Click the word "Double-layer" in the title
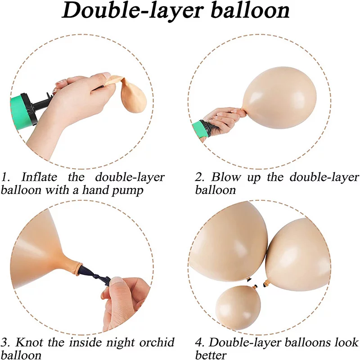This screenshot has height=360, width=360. click(x=133, y=10)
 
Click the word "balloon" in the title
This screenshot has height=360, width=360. click(x=250, y=10)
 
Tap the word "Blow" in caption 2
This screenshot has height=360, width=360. click(x=226, y=177)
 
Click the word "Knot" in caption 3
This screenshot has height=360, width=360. click(x=29, y=342)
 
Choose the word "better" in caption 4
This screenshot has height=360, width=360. click(x=211, y=355)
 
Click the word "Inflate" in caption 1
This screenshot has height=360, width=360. click(x=39, y=177)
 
